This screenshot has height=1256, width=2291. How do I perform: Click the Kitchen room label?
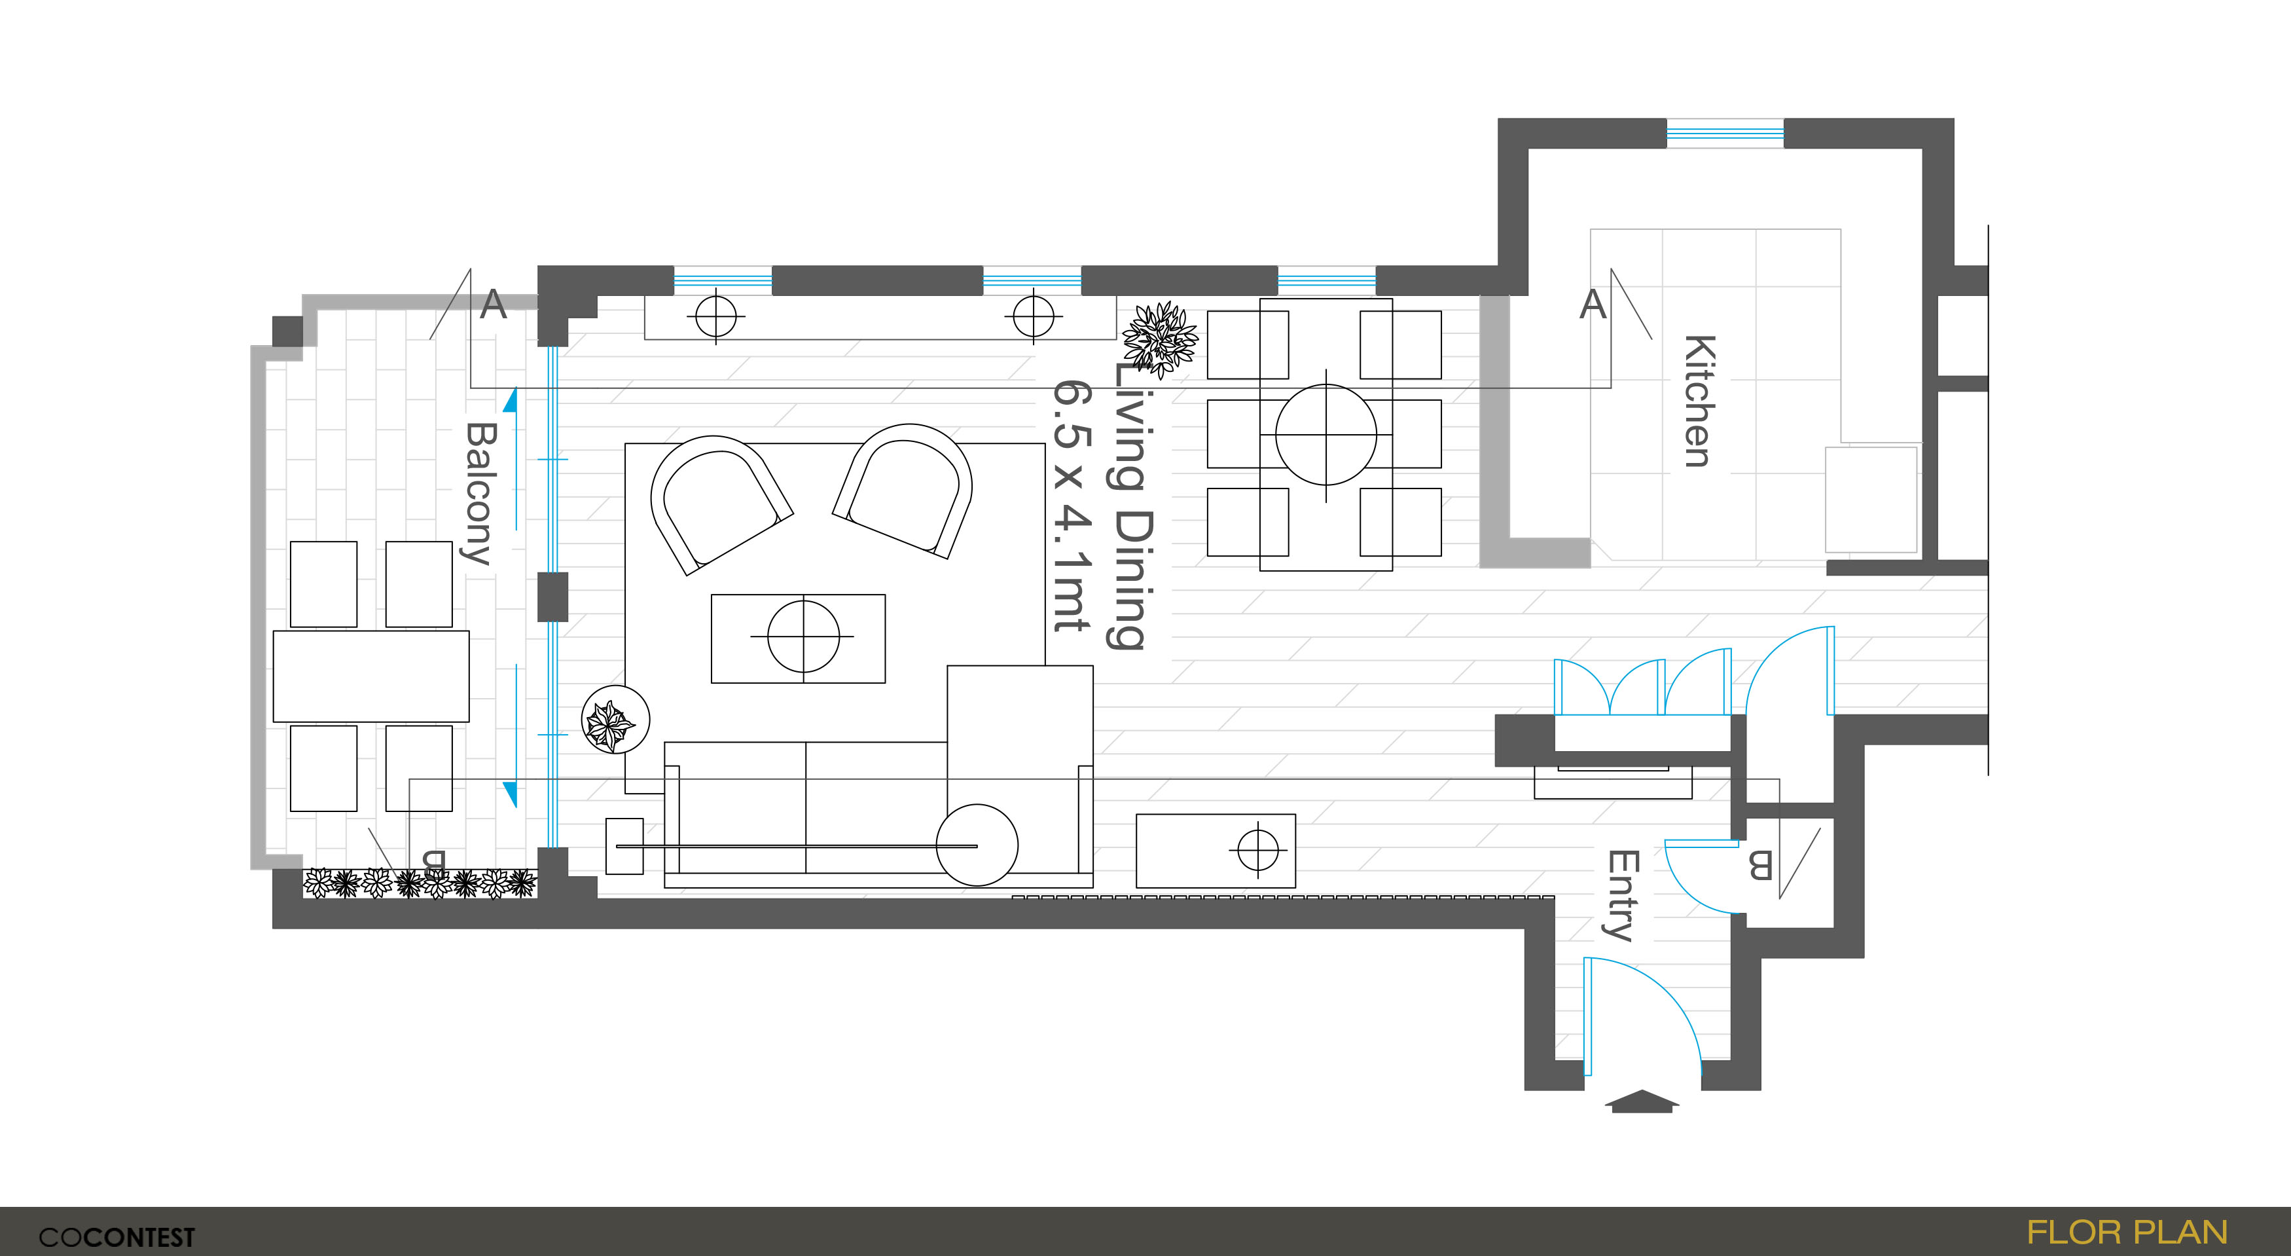(x=1699, y=401)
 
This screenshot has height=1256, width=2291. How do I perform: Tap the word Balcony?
(x=480, y=494)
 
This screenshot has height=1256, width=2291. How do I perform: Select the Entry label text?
(x=1622, y=896)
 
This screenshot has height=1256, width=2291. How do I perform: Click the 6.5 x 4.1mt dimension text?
(x=1072, y=506)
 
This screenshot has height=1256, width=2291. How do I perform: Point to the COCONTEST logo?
(x=117, y=1237)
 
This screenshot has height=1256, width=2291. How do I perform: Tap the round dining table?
(x=1326, y=435)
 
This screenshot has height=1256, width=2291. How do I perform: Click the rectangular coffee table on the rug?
(x=799, y=638)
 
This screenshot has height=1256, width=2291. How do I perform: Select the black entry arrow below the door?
(x=1642, y=1101)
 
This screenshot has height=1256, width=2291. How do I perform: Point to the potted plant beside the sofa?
(x=615, y=720)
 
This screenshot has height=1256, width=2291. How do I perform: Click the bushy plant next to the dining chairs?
(x=1160, y=338)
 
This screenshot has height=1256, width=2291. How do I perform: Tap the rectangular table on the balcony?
(x=371, y=676)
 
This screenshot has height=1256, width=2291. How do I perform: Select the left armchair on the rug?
(x=721, y=504)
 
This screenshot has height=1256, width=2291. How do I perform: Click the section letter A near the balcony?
(x=493, y=305)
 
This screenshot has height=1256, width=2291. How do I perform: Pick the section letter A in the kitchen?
(x=1593, y=305)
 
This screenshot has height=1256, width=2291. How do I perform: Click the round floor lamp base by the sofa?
(x=977, y=845)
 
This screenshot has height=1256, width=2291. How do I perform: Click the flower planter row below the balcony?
(x=420, y=883)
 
